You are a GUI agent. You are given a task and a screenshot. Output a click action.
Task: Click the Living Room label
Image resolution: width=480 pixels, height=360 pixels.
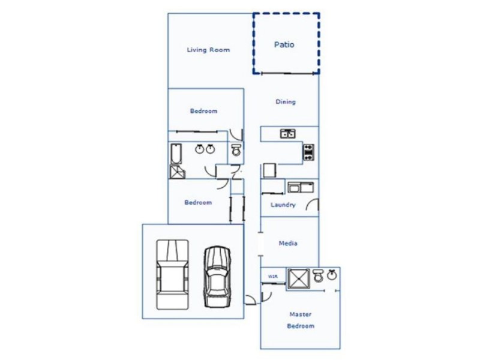coord(208,50)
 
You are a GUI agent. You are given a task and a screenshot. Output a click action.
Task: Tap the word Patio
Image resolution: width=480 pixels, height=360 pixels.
coord(284,44)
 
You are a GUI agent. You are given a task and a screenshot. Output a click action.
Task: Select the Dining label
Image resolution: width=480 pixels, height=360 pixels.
coord(286,102)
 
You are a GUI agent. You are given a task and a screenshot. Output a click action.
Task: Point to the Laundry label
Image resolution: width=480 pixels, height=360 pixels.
coord(283,205)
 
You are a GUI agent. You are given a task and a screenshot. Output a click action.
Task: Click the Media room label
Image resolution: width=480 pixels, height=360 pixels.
coord(288,244)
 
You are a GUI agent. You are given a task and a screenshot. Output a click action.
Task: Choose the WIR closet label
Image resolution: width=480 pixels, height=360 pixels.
coord(272,277)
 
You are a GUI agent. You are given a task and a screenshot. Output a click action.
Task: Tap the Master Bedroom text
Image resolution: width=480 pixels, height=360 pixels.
coord(301,320)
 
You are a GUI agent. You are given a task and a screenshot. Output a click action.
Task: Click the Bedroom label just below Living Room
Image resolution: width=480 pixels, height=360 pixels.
coord(203,111)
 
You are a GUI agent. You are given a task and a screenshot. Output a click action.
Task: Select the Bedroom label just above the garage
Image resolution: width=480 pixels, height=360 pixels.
coord(198,202)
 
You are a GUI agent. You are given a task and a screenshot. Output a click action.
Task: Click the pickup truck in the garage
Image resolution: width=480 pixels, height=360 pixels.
coord(172,274)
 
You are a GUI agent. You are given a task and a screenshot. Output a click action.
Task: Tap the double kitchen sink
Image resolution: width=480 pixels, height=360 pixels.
coord(287,134)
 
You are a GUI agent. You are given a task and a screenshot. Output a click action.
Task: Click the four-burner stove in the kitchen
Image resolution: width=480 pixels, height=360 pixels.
coord(308,152)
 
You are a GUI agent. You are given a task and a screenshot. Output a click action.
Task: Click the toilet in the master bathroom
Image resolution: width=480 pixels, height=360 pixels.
coord(318,276)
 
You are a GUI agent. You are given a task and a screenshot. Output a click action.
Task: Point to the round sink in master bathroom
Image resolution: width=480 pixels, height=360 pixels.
coord(331,275)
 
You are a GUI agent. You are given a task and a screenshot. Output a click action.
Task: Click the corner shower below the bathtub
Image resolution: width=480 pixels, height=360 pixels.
coord(178,172)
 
